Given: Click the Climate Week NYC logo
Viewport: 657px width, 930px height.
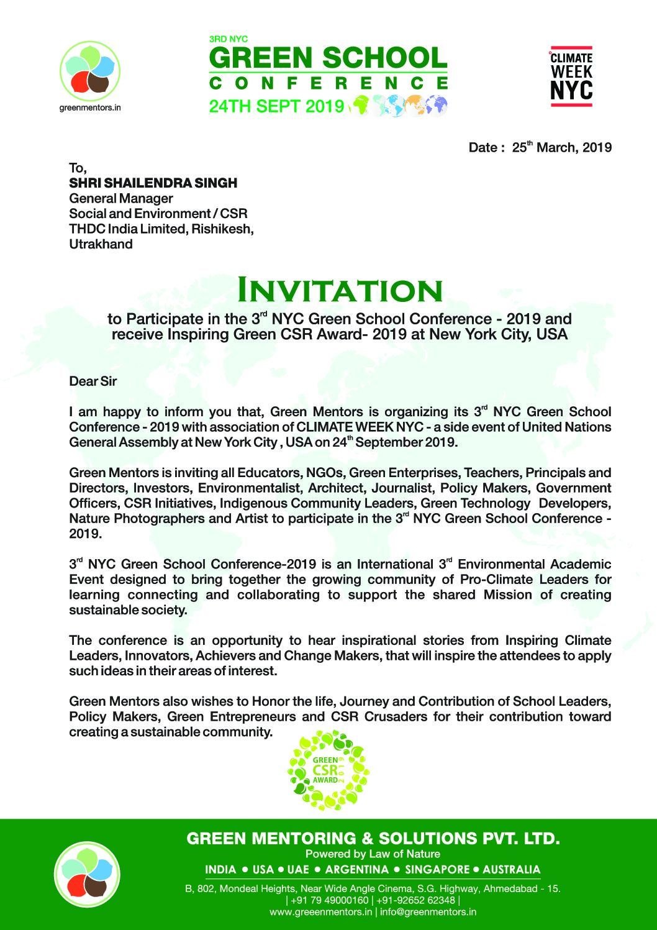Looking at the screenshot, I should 571,76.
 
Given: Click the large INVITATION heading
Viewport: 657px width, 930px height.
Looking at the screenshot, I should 340,291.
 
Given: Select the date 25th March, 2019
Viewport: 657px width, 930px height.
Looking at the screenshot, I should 561,147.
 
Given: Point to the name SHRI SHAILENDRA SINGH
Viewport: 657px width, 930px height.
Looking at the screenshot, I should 153,183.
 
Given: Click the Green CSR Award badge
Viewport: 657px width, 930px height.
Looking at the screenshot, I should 328,770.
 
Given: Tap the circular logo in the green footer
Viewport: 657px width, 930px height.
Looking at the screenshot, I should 87,874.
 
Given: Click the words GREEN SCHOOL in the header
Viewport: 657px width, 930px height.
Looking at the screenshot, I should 328,58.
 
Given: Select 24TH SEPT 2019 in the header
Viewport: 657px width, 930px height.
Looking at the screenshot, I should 276,106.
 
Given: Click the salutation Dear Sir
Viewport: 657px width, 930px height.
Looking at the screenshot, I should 93,381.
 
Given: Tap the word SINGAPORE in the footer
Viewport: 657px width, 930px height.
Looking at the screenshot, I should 437,870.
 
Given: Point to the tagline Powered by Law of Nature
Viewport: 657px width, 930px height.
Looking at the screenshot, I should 373,854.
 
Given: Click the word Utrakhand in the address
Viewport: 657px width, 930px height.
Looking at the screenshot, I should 101,244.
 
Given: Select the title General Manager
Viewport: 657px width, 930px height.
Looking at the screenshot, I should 120,199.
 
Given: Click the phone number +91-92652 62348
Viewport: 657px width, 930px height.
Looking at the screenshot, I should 415,900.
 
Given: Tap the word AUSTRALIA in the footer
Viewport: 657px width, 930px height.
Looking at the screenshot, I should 511,870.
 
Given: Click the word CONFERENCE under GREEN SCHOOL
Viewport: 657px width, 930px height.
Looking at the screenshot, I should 328,83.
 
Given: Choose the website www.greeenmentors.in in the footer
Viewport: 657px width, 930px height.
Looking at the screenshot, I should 320,912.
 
